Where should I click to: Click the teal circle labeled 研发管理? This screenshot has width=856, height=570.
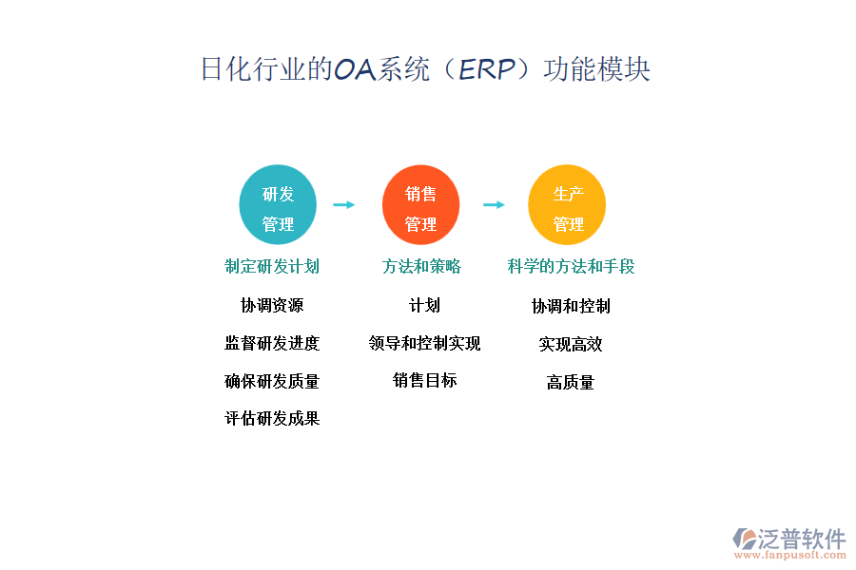[x=278, y=205]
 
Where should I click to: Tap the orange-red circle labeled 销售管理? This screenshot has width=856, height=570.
[x=420, y=205]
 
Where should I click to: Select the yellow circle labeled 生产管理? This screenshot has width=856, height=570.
[x=568, y=205]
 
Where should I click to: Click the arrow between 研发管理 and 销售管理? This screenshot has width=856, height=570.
[x=343, y=204]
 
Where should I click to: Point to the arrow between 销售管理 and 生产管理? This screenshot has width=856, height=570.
[x=494, y=204]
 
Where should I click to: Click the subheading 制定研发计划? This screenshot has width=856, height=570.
[x=272, y=267]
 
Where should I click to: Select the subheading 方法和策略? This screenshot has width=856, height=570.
[x=421, y=267]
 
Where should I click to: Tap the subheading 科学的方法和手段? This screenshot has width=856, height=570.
[x=571, y=267]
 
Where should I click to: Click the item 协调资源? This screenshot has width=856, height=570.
[x=272, y=306]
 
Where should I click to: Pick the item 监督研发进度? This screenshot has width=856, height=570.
[x=272, y=344]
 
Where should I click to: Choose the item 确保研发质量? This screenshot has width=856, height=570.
[x=272, y=382]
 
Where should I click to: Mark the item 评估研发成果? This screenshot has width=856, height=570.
[x=272, y=419]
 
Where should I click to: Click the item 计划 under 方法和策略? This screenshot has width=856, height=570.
[x=424, y=306]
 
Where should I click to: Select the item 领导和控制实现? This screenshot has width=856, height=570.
[x=424, y=344]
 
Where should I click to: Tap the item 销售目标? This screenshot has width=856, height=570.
[x=424, y=381]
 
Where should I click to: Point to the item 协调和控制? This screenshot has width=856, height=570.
[x=571, y=307]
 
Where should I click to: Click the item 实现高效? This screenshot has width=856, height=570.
[x=571, y=345]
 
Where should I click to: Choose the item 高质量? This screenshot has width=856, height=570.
[x=571, y=383]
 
